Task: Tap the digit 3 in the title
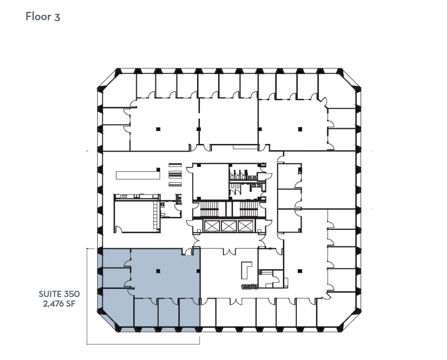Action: click(57, 17)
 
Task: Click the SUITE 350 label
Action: click(59, 294)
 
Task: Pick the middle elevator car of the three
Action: click(228, 226)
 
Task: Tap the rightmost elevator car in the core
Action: click(245, 226)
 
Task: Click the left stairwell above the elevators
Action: click(208, 208)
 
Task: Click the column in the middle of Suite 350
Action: click(157, 271)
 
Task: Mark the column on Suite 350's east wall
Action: click(198, 271)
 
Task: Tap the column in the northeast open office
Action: click(300, 129)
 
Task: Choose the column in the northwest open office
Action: click(157, 129)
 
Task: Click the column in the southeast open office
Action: click(300, 270)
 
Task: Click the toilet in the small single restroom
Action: click(164, 214)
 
